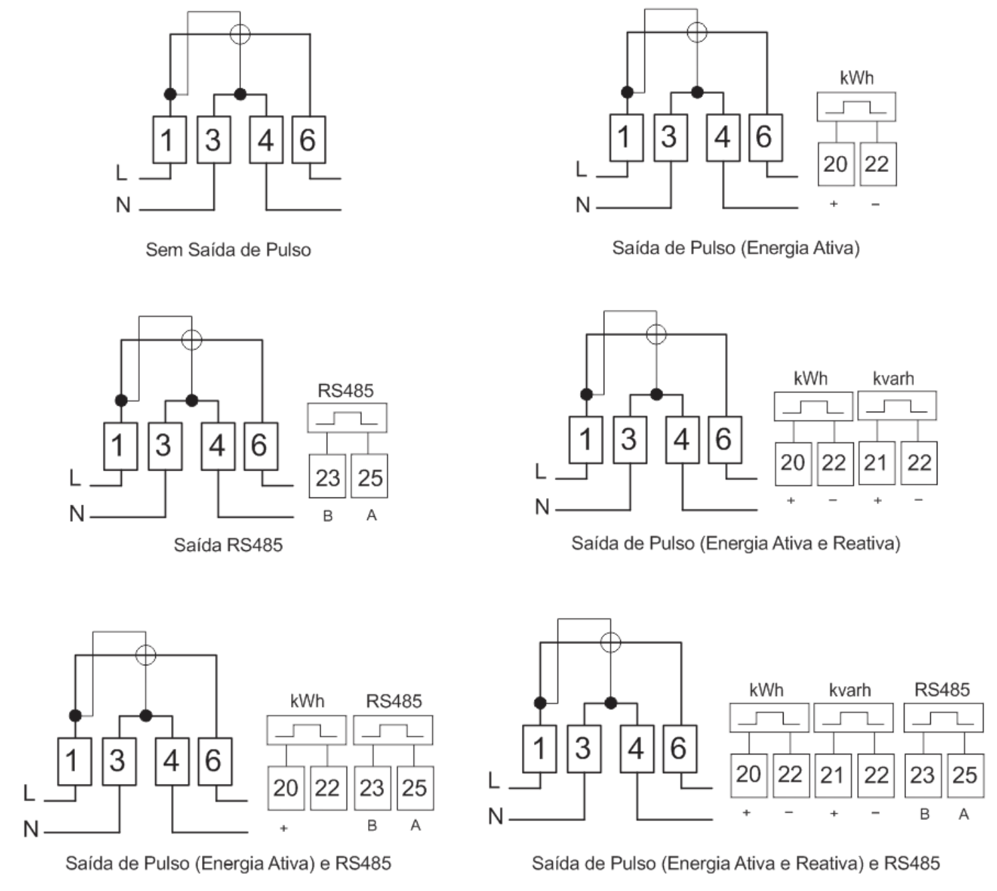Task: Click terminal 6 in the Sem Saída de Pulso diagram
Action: coord(308,139)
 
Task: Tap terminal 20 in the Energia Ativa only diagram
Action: coord(836,164)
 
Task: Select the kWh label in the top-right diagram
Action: coord(856,78)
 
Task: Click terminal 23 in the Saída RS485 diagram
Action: coord(327,477)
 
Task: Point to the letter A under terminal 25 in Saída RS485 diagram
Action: coord(371,515)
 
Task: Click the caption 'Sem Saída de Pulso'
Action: coord(228,250)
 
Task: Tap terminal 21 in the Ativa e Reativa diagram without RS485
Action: coord(877,463)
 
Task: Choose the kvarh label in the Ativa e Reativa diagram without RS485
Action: coord(893,378)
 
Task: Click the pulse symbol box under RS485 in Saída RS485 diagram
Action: coord(347,418)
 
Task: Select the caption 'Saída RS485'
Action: coord(228,545)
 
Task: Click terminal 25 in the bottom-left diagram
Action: coord(415,788)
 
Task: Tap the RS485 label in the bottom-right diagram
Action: coord(942,690)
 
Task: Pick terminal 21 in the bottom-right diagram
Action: coord(833,775)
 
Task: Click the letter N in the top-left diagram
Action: coord(123,205)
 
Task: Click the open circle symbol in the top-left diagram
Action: coord(240,34)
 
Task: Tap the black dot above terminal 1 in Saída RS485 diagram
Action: coord(121,400)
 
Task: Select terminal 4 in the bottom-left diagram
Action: coord(172,761)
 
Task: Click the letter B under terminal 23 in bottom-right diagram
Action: coord(925,814)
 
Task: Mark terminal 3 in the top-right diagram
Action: coord(670,137)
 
